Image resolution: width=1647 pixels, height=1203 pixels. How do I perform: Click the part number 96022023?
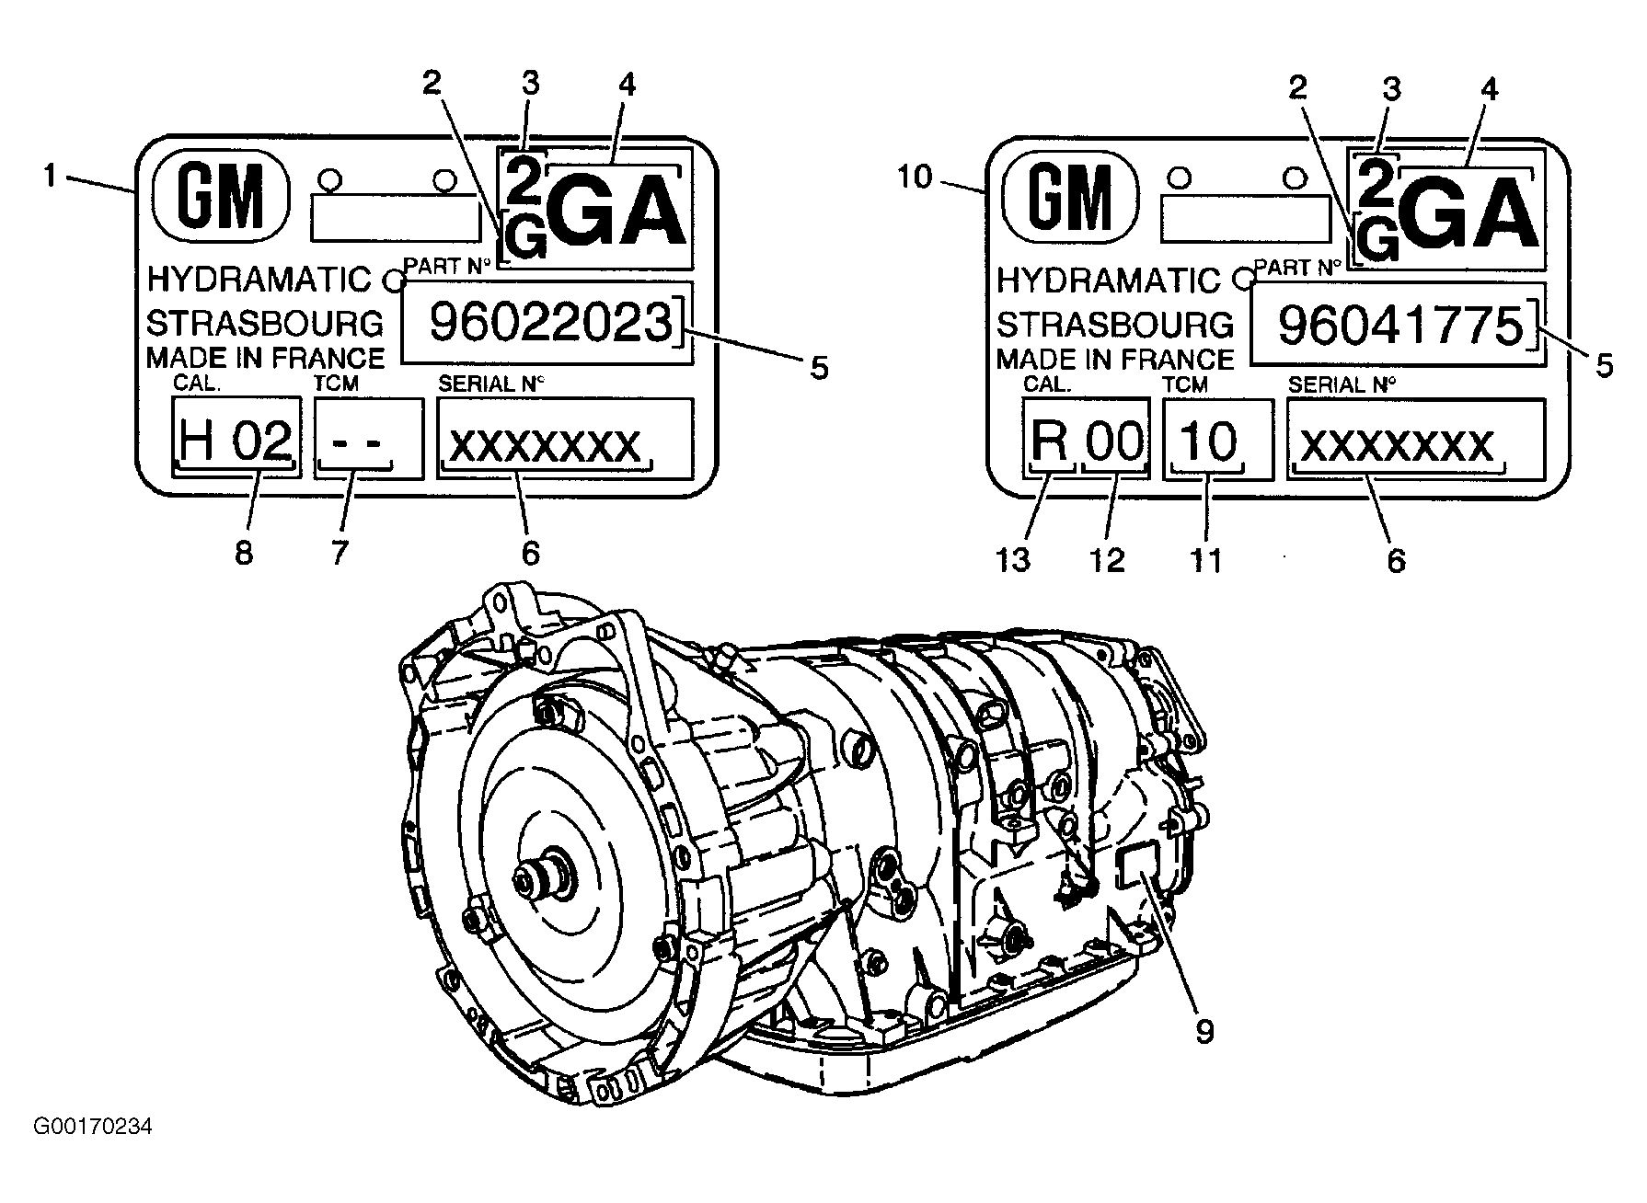click(550, 323)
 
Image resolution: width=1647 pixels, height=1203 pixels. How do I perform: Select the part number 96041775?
click(1401, 326)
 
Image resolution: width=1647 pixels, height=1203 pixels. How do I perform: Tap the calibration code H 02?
click(236, 439)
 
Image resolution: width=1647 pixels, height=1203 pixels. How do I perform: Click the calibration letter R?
click(1050, 441)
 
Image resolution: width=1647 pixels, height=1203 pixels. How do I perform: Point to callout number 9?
click(1205, 1031)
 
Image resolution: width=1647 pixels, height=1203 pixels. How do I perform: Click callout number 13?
click(1014, 558)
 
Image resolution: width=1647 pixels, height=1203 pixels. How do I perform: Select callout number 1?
click(50, 174)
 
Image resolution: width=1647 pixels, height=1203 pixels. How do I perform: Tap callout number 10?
click(915, 177)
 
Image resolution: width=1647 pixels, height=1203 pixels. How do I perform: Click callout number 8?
click(243, 553)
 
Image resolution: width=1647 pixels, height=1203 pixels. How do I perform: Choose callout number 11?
click(1205, 558)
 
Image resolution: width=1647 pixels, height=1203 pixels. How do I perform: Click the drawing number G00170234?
click(92, 1126)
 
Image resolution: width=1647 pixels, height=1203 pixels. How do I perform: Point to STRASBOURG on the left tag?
click(265, 323)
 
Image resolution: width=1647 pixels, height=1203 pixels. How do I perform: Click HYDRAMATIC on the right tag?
click(1109, 279)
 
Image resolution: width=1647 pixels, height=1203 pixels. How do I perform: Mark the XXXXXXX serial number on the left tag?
click(545, 445)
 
